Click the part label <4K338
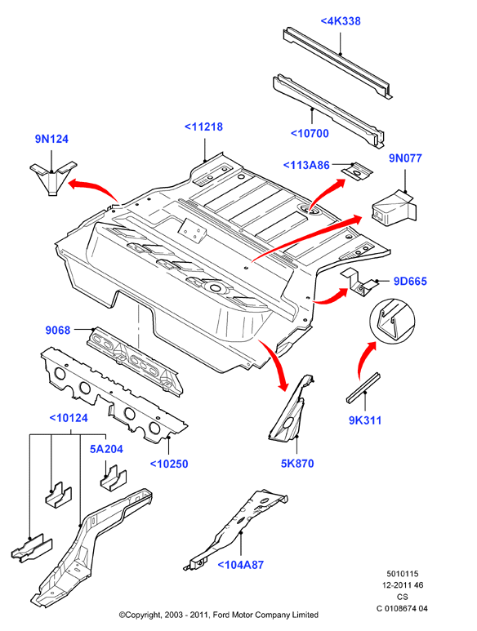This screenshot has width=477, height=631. pyautogui.click(x=340, y=21)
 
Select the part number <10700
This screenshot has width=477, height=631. pyautogui.click(x=310, y=133)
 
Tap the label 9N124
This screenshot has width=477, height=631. pyautogui.click(x=51, y=139)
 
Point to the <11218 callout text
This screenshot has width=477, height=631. pyautogui.click(x=203, y=127)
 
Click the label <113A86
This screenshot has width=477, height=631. pyautogui.click(x=306, y=165)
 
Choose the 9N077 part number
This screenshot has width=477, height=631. pyautogui.click(x=405, y=158)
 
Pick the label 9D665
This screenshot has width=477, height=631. pyautogui.click(x=410, y=281)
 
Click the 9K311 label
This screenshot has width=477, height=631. pyautogui.click(x=365, y=420)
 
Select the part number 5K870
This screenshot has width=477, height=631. pyautogui.click(x=297, y=463)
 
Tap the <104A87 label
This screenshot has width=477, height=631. pyautogui.click(x=240, y=565)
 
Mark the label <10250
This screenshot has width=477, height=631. pyautogui.click(x=169, y=464)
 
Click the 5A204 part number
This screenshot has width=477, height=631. pyautogui.click(x=106, y=449)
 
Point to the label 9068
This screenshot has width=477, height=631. pyautogui.click(x=58, y=330)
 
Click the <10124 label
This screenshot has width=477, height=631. pyautogui.click(x=69, y=418)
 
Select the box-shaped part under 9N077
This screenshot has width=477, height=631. pyautogui.click(x=393, y=208)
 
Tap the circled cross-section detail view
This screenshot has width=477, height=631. pyautogui.click(x=392, y=321)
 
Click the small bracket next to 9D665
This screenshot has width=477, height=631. pyautogui.click(x=359, y=283)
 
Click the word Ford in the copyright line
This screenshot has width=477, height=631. pyautogui.click(x=221, y=615)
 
